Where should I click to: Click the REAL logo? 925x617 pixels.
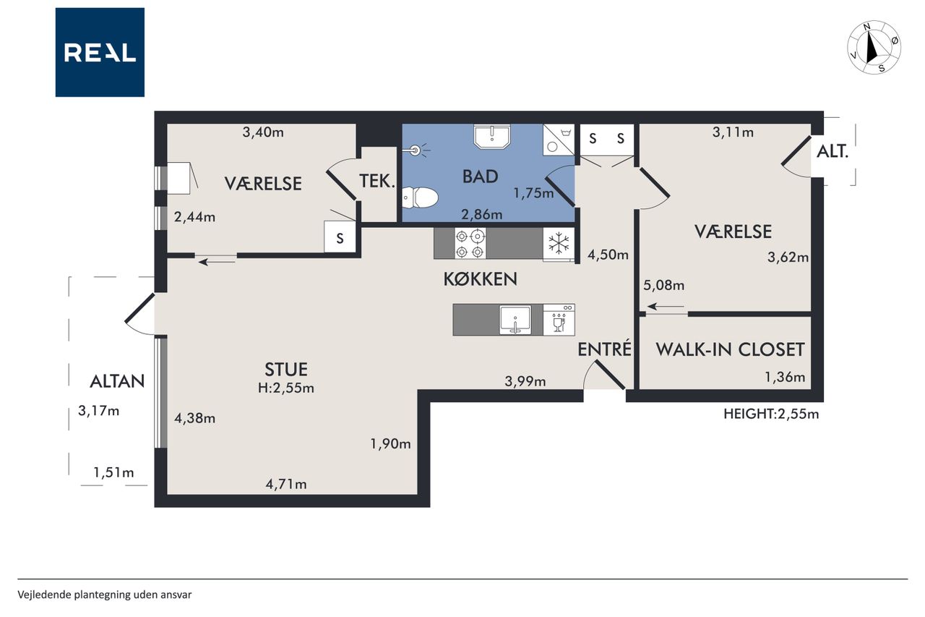(100, 53)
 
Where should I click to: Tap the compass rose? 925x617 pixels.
(874, 48)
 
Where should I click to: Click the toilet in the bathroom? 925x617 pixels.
(420, 197)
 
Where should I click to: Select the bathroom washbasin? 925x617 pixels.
(492, 137)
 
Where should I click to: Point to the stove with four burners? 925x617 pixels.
(470, 244)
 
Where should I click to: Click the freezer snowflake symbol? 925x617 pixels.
(559, 243)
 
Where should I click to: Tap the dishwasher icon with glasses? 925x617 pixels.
(559, 320)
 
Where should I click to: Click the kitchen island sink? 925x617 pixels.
(515, 320)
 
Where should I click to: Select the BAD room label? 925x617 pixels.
(481, 176)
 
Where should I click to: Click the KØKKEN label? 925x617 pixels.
(481, 279)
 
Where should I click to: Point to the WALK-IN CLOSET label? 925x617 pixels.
(730, 349)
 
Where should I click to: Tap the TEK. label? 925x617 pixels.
(377, 181)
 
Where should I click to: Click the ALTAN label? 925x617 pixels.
(117, 381)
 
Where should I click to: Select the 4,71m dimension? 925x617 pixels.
(285, 484)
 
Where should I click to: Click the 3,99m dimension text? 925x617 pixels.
(525, 381)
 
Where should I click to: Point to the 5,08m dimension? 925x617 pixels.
(663, 285)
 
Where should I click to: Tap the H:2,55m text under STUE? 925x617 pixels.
(285, 388)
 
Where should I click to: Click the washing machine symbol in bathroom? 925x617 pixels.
(559, 140)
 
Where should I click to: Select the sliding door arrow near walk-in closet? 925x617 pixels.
(666, 307)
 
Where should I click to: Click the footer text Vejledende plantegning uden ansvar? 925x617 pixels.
(105, 595)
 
